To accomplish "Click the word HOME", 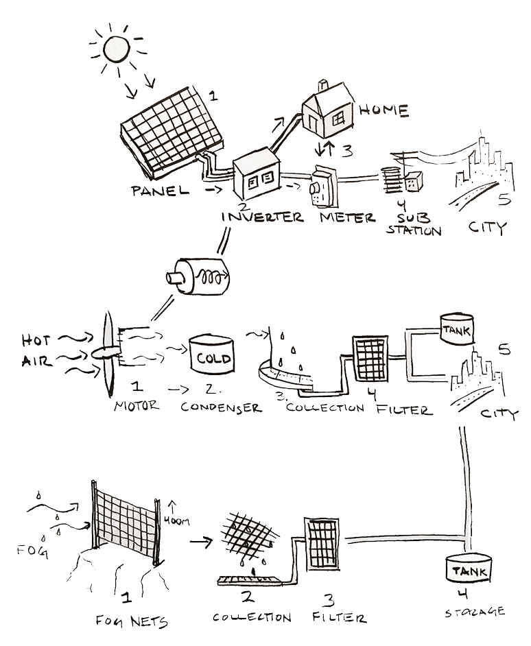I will point(384,110).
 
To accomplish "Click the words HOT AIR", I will point(35,350).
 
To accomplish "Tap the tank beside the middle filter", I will point(455,330).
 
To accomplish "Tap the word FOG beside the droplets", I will point(31,549).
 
